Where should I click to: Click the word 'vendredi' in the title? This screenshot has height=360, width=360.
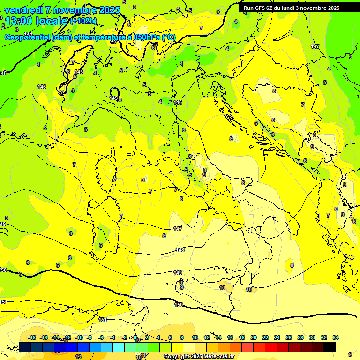coord(23,10)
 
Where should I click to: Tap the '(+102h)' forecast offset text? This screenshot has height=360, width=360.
coord(83,21)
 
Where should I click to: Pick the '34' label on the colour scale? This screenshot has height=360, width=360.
coord(335,337)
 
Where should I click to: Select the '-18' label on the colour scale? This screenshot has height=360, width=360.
coord(32,337)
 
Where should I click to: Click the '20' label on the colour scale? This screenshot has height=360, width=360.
coord(254,337)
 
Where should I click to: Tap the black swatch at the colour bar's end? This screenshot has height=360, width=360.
coord(329,347)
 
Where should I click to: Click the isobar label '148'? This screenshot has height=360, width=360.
coord(180,250)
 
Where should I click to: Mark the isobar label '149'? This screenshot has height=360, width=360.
coord(178,273)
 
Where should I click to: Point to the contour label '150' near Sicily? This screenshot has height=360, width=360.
coord(179,305)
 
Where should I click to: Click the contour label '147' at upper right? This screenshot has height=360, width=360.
coord(315,46)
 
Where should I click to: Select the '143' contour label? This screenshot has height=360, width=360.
coord(79,72)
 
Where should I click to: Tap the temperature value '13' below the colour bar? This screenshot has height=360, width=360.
coord(78,357)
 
